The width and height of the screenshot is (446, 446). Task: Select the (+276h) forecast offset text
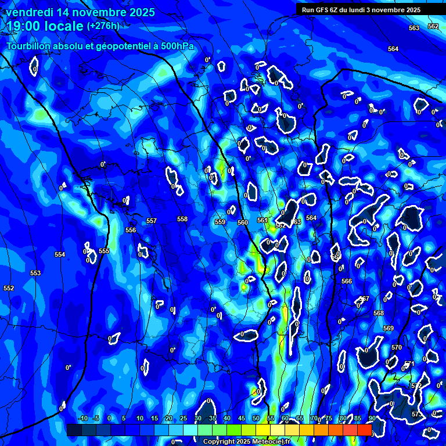(103, 26)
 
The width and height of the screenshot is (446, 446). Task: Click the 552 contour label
(9, 288)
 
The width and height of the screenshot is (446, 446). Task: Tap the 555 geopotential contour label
(104, 251)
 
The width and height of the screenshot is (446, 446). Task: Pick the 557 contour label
(152, 221)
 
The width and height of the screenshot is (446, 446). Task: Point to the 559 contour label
(220, 222)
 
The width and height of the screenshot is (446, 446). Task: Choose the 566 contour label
(347, 281)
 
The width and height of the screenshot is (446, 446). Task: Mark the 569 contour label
(389, 328)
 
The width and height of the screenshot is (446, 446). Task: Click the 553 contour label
(35, 273)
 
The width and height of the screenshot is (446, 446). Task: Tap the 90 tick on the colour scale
(371, 418)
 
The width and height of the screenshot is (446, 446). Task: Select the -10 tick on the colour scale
(82, 418)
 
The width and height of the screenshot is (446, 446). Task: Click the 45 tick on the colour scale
(241, 418)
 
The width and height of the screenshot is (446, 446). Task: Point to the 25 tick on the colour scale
(183, 418)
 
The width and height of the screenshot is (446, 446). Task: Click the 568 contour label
(379, 313)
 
